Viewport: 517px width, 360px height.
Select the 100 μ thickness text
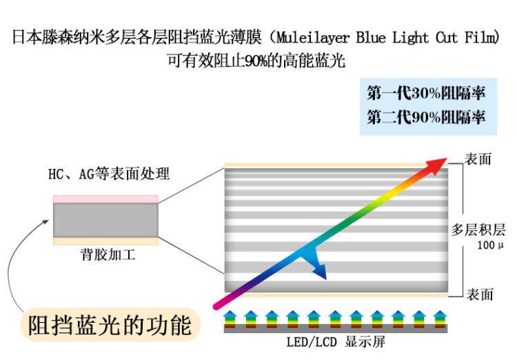[489, 245]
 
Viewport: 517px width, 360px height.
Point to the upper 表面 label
[479, 159]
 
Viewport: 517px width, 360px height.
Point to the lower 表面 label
[480, 294]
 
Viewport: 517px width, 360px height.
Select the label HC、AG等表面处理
[109, 174]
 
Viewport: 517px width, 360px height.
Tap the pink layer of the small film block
[105, 199]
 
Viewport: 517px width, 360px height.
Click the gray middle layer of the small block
[105, 219]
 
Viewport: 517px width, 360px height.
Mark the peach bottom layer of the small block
[105, 241]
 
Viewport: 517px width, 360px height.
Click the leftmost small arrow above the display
[230, 318]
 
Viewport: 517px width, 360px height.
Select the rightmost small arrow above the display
[440, 318]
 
